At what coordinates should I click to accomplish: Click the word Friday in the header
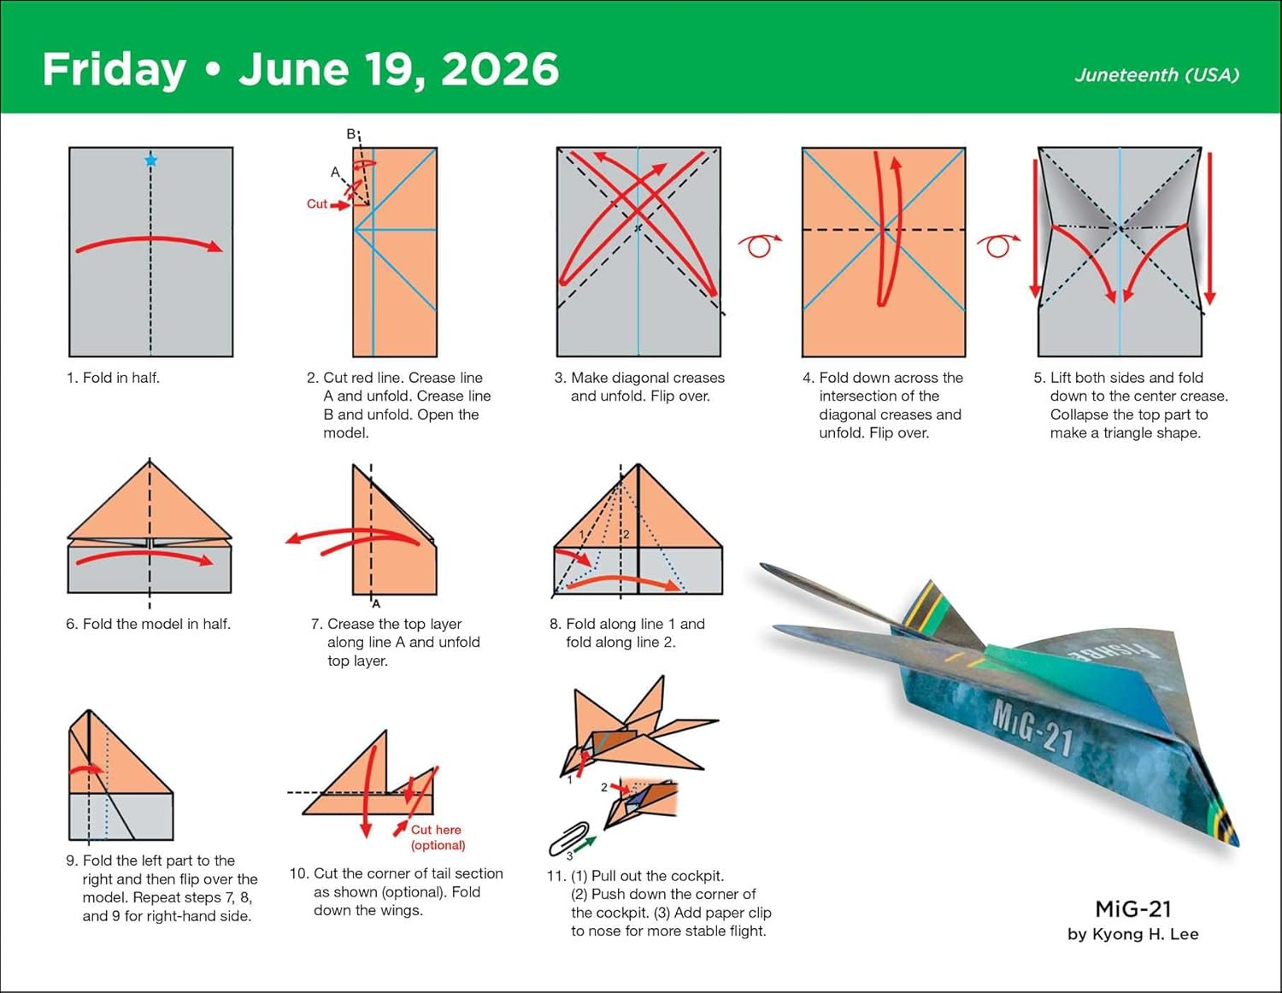114,70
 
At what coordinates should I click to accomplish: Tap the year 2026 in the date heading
500,69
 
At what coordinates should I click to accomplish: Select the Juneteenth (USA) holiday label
1156,75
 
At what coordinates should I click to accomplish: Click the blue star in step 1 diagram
151,160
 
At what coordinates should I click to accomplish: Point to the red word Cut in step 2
317,203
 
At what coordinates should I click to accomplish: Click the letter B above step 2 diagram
350,134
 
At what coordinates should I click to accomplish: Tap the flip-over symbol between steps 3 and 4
759,245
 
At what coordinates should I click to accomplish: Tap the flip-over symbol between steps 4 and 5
997,245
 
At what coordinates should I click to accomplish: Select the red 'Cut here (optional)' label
438,837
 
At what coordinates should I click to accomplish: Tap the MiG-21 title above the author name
1132,909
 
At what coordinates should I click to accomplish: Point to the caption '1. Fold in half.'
113,378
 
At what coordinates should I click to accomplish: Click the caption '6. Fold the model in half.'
148,624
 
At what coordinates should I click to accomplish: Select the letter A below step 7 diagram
376,603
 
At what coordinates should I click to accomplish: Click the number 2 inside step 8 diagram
626,534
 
